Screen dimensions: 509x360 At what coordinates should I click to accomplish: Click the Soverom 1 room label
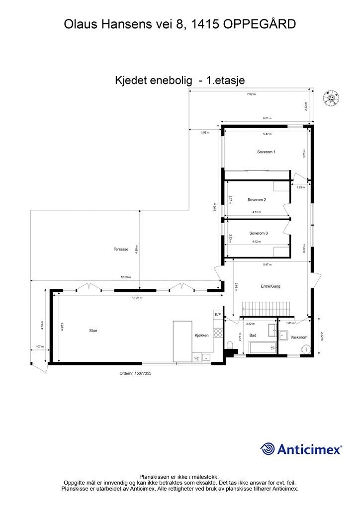(266, 152)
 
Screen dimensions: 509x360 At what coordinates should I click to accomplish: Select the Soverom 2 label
(257, 200)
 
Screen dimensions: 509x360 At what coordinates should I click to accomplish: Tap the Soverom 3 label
(259, 233)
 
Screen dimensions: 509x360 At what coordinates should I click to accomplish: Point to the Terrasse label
(121, 250)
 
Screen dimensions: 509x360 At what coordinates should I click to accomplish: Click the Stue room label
(93, 330)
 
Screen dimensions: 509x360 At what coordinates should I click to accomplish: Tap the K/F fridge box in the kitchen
(218, 315)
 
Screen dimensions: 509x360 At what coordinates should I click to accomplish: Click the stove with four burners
(218, 333)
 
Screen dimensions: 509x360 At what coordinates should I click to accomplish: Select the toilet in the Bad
(230, 346)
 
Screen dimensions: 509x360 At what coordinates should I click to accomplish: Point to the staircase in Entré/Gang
(258, 308)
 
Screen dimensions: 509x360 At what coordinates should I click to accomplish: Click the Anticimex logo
(301, 449)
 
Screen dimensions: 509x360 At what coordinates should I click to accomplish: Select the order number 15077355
(135, 373)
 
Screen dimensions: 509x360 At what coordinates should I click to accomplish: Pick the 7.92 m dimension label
(251, 94)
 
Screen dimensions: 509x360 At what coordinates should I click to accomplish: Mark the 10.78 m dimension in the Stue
(137, 298)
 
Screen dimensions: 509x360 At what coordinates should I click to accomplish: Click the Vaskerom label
(299, 337)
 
